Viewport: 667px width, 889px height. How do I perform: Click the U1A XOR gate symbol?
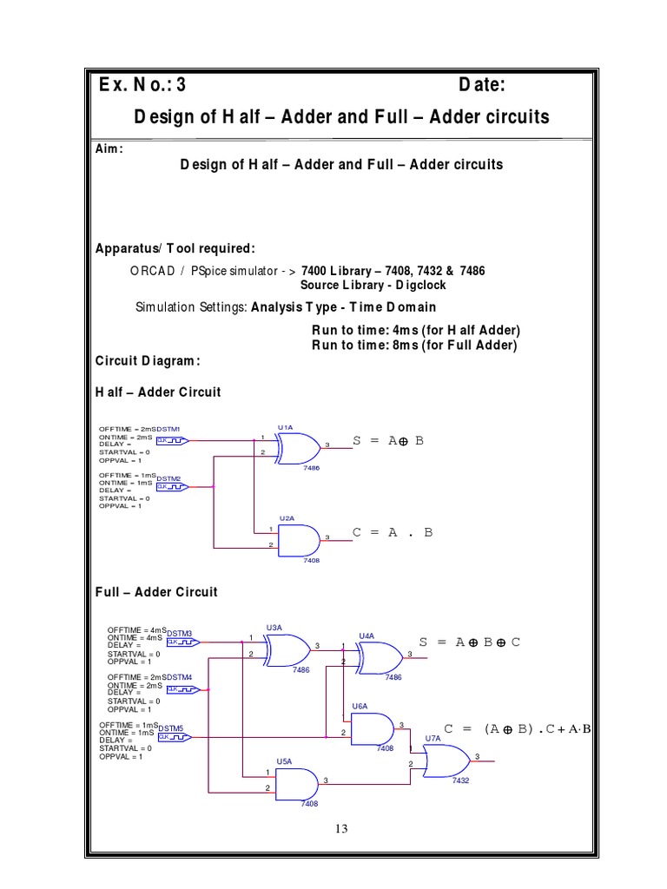click(x=296, y=447)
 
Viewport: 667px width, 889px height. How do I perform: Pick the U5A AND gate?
click(x=299, y=782)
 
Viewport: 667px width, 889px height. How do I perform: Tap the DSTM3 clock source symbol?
click(x=182, y=642)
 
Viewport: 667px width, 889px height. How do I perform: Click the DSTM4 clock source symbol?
click(x=182, y=689)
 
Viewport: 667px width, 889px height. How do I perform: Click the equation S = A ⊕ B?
click(x=388, y=441)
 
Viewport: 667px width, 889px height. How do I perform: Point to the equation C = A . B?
click(x=392, y=532)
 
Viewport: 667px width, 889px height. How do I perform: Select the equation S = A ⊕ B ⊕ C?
click(x=469, y=642)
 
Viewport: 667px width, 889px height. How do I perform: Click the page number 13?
click(x=340, y=829)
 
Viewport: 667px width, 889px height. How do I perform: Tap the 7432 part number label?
click(x=460, y=781)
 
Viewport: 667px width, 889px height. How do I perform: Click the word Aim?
click(x=109, y=148)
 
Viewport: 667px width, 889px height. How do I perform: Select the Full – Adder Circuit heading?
click(x=156, y=592)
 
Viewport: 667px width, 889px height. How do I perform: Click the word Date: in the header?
click(x=482, y=85)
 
